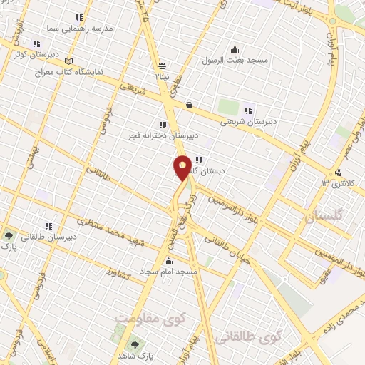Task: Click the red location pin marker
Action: pyautogui.click(x=182, y=167)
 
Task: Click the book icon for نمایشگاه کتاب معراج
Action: pyautogui.click(x=68, y=61)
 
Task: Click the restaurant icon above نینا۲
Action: pyautogui.click(x=163, y=63)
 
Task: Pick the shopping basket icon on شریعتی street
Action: pyautogui.click(x=189, y=106)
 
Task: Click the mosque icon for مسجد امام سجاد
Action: pyautogui.click(x=208, y=261)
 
